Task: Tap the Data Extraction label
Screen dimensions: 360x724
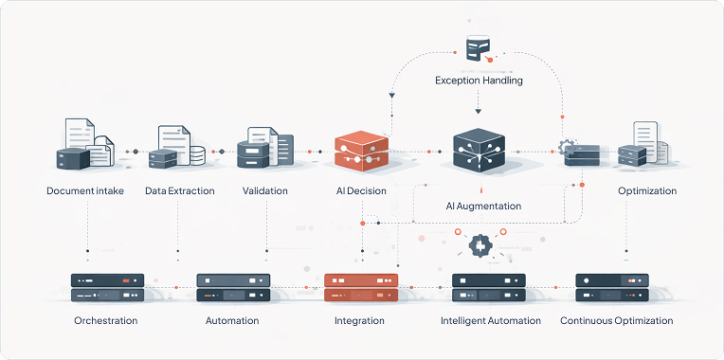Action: (180, 191)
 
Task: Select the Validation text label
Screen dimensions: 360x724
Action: (265, 191)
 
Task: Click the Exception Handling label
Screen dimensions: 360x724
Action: (479, 81)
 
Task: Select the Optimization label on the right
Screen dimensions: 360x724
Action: (647, 191)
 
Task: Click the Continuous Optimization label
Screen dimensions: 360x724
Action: (616, 321)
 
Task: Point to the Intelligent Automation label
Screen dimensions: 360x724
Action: (491, 321)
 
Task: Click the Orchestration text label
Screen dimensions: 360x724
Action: (106, 321)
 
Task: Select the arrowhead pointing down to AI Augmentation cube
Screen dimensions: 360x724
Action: (478, 112)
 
